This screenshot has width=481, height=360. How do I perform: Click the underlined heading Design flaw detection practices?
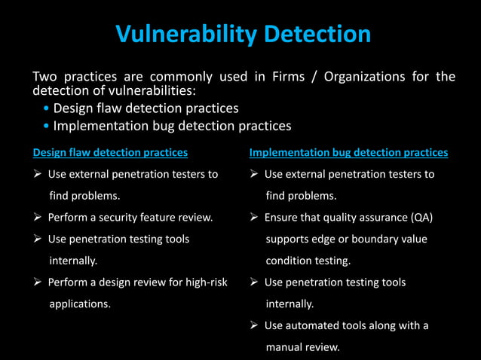tap(110, 153)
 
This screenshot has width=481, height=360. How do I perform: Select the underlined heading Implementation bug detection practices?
tap(348, 153)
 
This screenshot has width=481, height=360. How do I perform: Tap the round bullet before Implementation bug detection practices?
tap(47, 126)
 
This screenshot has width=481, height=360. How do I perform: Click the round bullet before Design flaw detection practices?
tap(47, 109)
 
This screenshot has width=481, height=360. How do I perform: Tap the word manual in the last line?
tap(283, 347)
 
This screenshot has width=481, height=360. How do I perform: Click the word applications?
tap(80, 304)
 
